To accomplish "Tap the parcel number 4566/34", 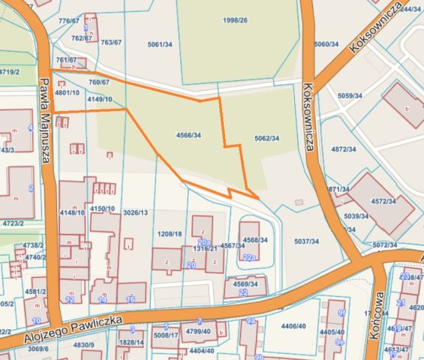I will (x=188, y=135).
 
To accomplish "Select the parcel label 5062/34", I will (x=266, y=138).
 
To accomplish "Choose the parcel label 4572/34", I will (x=383, y=201).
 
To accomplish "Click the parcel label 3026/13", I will (x=135, y=213).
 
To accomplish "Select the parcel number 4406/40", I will (x=293, y=325).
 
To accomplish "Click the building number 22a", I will (x=249, y=257).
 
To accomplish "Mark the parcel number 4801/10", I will (x=67, y=92).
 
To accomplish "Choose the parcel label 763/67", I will (x=111, y=43).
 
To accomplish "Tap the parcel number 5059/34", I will (x=350, y=96).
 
